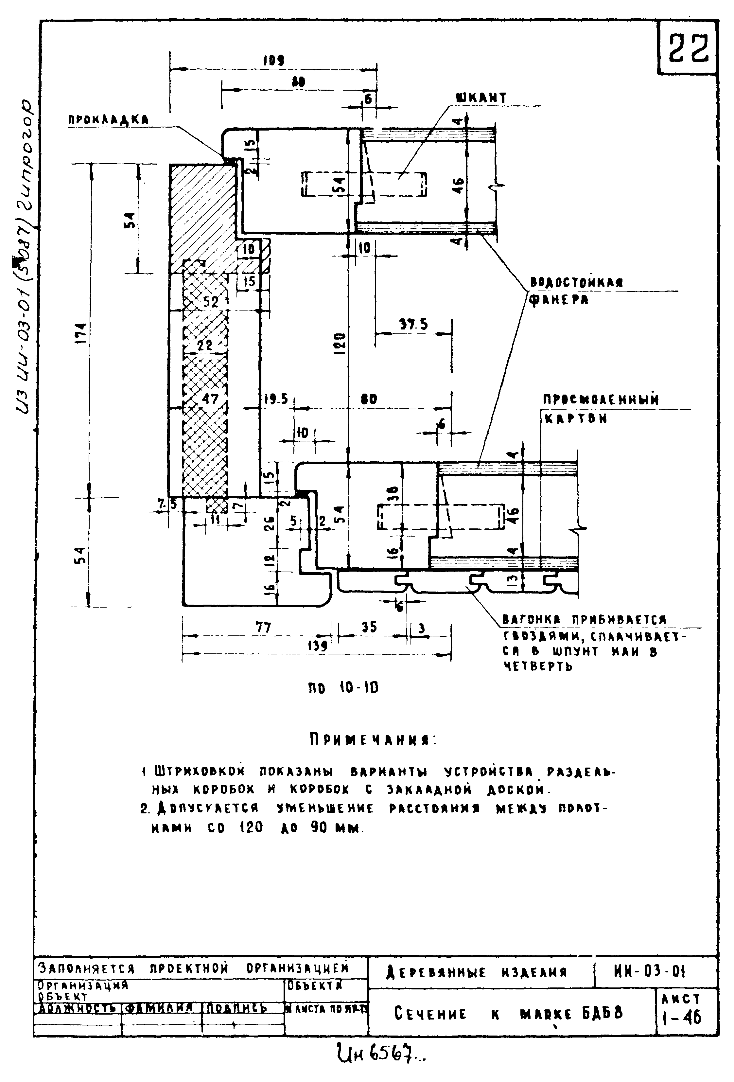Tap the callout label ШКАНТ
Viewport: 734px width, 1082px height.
click(481, 98)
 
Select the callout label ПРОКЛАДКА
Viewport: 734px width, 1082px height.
click(109, 120)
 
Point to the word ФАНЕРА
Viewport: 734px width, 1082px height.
click(559, 300)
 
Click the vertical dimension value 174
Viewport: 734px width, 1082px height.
click(82, 333)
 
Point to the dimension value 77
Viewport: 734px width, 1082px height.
click(263, 628)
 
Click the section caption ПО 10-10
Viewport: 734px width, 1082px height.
click(343, 688)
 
